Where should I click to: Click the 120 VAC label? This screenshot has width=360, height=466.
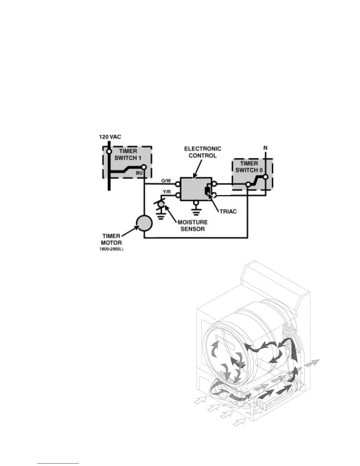click(x=110, y=137)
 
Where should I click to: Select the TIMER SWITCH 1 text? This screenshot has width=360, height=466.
click(x=128, y=154)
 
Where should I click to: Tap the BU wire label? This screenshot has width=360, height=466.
click(x=139, y=173)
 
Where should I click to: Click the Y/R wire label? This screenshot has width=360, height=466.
click(x=167, y=192)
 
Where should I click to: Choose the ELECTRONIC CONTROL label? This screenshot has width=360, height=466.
click(x=202, y=152)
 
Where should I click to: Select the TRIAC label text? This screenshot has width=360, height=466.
click(x=228, y=212)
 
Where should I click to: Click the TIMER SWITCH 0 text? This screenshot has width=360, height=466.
click(x=249, y=167)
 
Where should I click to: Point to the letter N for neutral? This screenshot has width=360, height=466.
click(x=265, y=148)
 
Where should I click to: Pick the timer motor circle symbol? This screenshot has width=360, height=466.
click(x=144, y=224)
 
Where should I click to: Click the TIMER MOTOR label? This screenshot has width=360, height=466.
click(x=111, y=239)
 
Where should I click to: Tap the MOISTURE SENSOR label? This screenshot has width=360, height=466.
click(x=192, y=225)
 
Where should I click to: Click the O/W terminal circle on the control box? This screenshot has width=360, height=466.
click(x=178, y=184)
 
